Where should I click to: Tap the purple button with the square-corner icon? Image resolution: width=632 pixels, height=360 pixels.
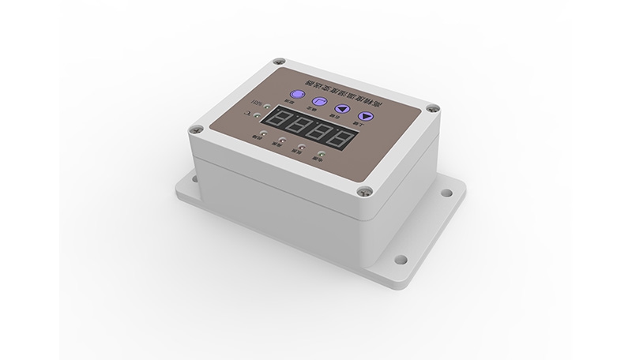tap(319, 101)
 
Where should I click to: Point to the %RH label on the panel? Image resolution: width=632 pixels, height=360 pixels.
tap(257, 103)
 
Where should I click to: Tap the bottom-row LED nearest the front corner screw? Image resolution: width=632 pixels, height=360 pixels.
tap(321, 155)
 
